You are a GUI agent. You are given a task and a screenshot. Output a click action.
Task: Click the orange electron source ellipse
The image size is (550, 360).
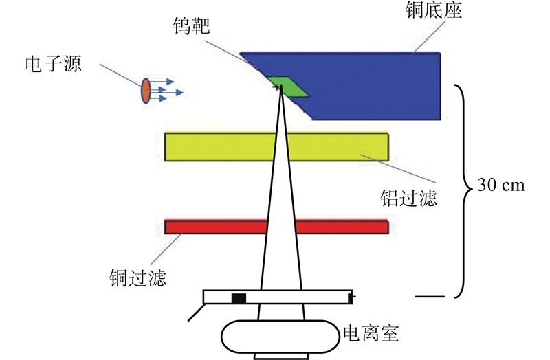(146, 91)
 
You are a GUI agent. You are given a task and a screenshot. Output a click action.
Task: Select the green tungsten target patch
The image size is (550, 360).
(289, 87)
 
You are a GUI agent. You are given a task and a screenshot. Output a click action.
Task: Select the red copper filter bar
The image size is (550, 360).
(213, 227)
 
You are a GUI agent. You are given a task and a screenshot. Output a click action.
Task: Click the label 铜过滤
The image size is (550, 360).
(138, 279)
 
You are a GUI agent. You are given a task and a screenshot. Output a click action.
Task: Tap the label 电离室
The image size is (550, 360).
(371, 335)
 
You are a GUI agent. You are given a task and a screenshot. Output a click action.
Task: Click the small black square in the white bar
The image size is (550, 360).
(239, 298)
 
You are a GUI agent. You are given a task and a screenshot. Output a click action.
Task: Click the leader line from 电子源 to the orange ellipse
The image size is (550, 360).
(120, 75)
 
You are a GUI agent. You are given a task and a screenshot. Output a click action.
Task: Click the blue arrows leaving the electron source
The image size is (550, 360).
(166, 91)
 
